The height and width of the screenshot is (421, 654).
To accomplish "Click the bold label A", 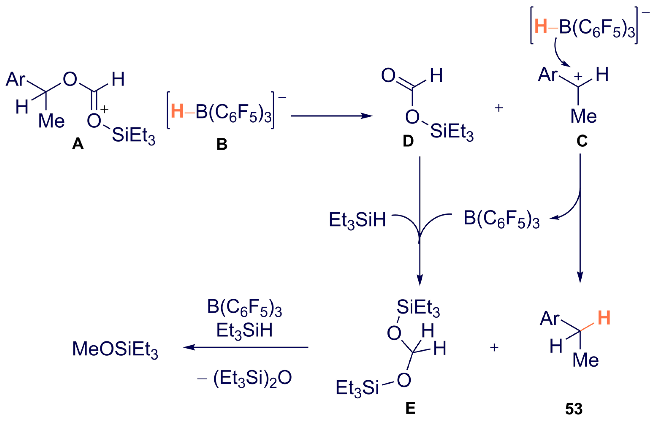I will pyautogui.click(x=78, y=143).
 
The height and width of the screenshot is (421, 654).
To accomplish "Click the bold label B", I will pyautogui.click(x=222, y=144).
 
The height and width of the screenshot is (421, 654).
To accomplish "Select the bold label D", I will pyautogui.click(x=408, y=141).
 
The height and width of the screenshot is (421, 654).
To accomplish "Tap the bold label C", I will pyautogui.click(x=582, y=141).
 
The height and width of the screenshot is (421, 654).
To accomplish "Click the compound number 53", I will pyautogui.click(x=574, y=409).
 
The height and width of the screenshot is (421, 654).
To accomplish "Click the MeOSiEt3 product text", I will pyautogui.click(x=115, y=349).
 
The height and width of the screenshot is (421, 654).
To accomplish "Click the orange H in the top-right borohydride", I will pyautogui.click(x=540, y=27).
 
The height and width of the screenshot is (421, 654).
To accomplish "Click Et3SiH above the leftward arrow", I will pyautogui.click(x=244, y=330).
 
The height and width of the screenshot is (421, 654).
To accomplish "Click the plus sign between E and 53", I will pyautogui.click(x=494, y=348).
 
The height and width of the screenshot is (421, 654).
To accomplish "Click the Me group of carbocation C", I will pyautogui.click(x=584, y=116).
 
